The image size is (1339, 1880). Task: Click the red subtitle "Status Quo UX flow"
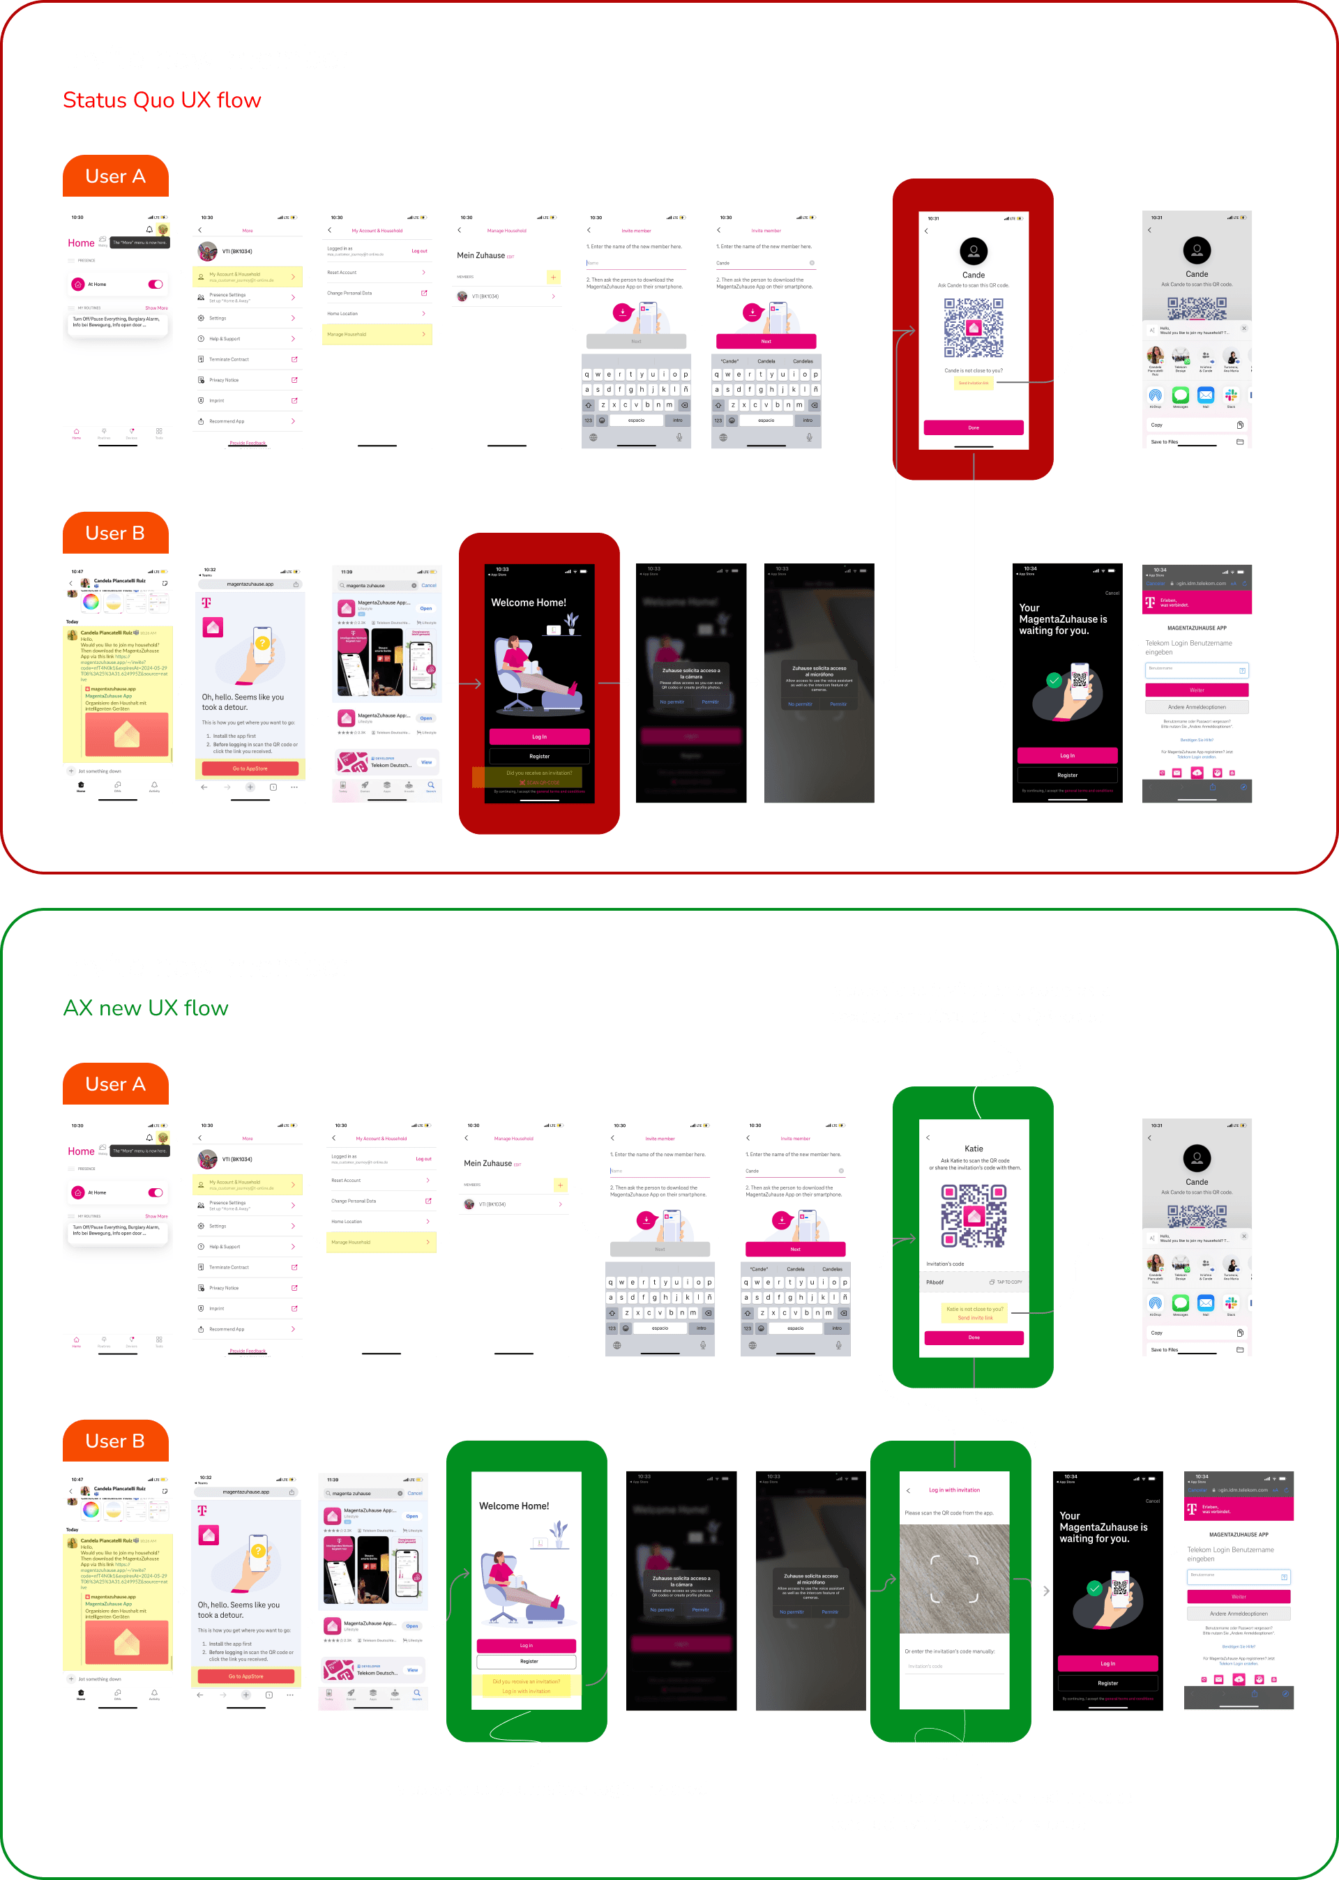point(162,100)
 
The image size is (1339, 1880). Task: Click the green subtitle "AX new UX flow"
point(145,1008)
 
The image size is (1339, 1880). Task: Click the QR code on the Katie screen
point(974,1215)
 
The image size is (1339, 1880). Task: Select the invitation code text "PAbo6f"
point(935,1282)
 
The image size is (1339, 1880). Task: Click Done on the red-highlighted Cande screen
point(973,427)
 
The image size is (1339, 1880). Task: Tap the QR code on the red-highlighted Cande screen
point(973,327)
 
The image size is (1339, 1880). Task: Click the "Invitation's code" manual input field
point(954,1667)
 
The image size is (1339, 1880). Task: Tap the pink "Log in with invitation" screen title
point(954,1490)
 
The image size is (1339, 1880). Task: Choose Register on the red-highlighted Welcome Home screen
point(539,756)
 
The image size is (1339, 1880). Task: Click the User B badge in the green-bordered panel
point(116,1441)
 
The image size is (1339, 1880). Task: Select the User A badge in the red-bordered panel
point(116,176)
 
